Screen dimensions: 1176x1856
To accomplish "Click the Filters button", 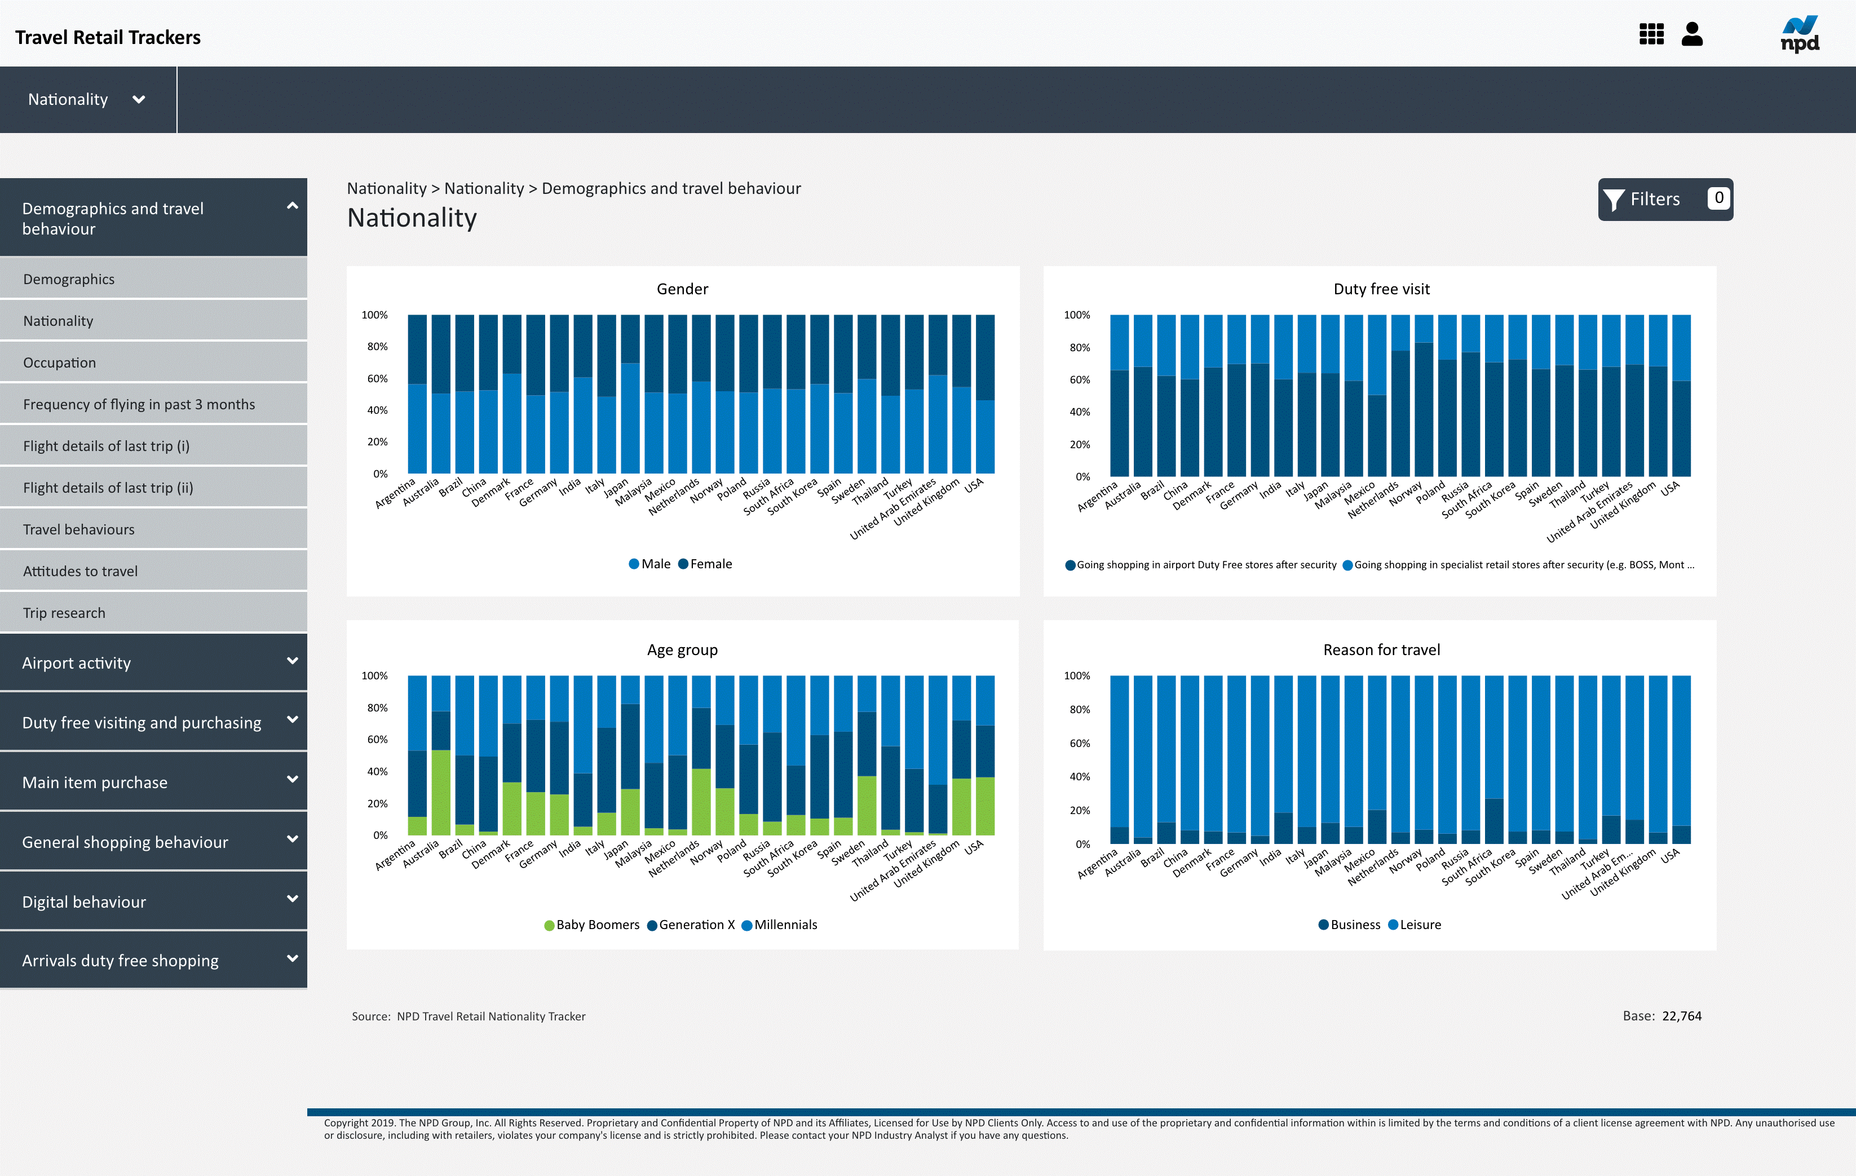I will pyautogui.click(x=1664, y=200).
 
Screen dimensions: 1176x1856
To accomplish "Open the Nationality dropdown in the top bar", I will pyautogui.click(x=86, y=99).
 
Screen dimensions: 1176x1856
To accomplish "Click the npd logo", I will pyautogui.click(x=1799, y=35).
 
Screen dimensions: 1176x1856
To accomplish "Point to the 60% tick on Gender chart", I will pyautogui.click(x=377, y=378).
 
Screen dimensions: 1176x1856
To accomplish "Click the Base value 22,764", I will pyautogui.click(x=1681, y=1016).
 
